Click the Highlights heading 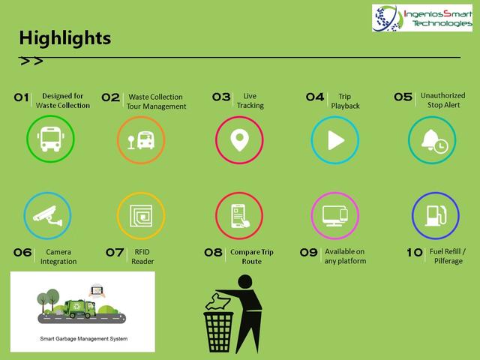(65, 38)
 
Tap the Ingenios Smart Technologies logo (422, 18)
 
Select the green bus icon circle (50, 139)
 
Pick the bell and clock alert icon (434, 141)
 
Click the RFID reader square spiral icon (141, 216)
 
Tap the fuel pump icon (435, 215)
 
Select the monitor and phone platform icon (335, 215)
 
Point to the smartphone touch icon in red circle (240, 216)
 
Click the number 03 (221, 97)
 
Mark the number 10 (415, 253)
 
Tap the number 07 (115, 253)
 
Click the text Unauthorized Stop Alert (443, 100)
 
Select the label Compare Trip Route (252, 256)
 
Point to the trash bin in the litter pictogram (218, 331)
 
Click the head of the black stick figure (245, 282)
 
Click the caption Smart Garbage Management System (84, 339)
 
